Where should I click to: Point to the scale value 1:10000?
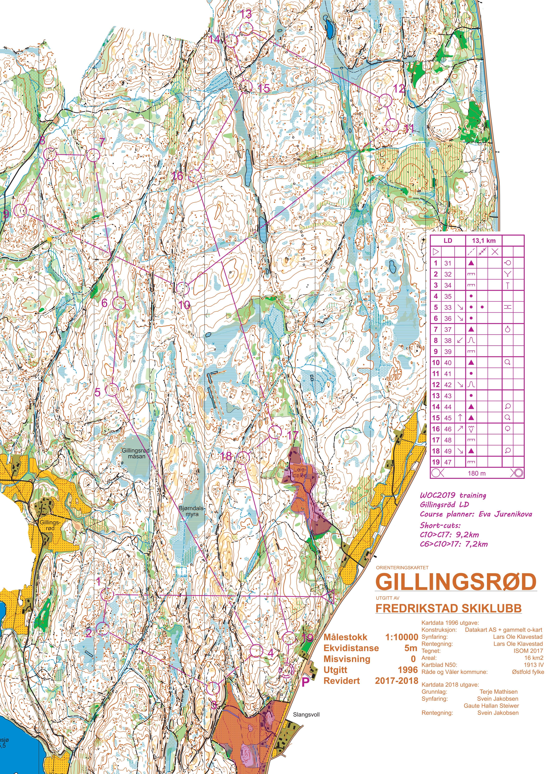pos(402,637)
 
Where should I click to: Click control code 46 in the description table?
pos(448,429)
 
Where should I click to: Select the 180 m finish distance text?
pos(477,473)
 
